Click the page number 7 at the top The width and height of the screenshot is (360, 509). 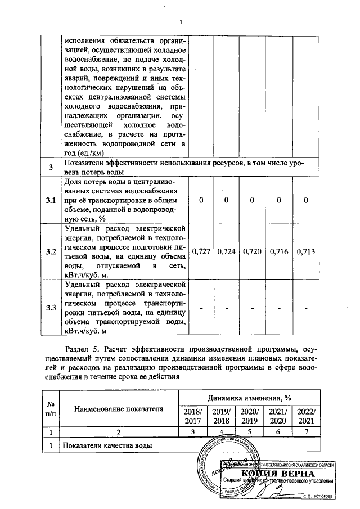pyautogui.click(x=181, y=22)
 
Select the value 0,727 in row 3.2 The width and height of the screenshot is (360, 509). pyautogui.click(x=201, y=251)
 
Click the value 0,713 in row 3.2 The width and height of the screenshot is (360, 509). pyautogui.click(x=306, y=251)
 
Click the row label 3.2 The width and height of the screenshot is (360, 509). pyautogui.click(x=51, y=251)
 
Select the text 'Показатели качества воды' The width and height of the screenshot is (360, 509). pyautogui.click(x=109, y=446)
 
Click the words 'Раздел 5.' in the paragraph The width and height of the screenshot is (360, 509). pyautogui.click(x=83, y=353)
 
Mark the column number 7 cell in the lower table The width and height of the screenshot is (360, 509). pyautogui.click(x=306, y=433)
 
